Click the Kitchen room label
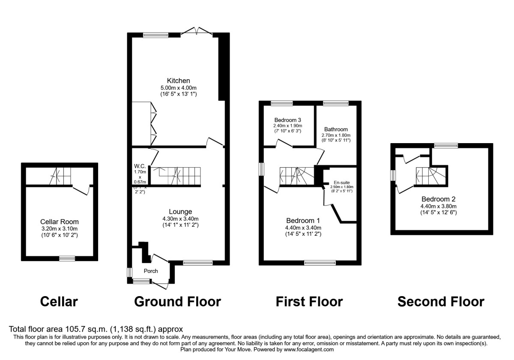click(178, 81)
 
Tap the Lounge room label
click(180, 211)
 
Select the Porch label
click(151, 271)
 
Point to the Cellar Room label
click(59, 222)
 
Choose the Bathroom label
click(336, 129)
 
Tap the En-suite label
click(341, 182)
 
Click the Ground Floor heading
click(177, 302)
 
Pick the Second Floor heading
click(441, 302)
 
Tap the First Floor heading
click(309, 302)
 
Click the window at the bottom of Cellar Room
click(67, 258)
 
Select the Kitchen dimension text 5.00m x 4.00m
click(178, 87)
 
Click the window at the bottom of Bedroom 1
click(317, 263)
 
